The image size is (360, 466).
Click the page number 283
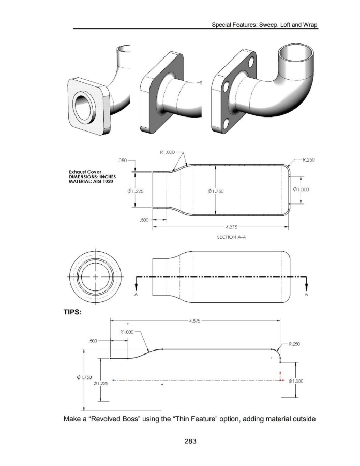tap(190, 441)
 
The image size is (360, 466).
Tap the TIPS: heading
tap(72, 312)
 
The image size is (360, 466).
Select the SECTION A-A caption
tap(231, 237)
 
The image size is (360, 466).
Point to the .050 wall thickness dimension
tap(122, 160)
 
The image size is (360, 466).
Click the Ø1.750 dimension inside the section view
tap(216, 191)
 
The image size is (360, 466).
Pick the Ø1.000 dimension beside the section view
tap(301, 190)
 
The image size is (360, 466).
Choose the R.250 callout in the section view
tap(309, 159)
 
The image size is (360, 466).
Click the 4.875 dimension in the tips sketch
tap(194, 321)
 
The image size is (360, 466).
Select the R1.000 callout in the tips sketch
tap(127, 332)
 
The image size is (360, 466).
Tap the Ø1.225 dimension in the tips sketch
tap(101, 383)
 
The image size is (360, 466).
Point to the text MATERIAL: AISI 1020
tap(91, 181)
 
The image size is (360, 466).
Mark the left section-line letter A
tap(136, 294)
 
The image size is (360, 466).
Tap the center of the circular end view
tap(95, 276)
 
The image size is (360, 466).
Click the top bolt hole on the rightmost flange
tap(251, 62)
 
